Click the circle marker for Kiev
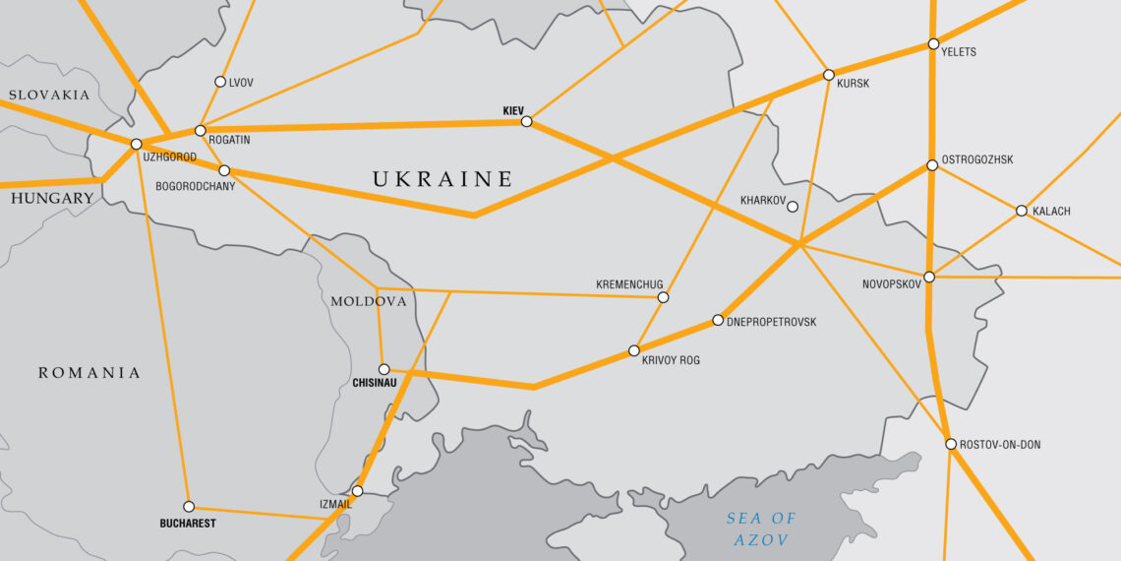click(526, 121)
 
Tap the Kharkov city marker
click(793, 207)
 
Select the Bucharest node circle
click(189, 507)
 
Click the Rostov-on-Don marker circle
click(951, 444)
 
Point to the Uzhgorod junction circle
click(136, 144)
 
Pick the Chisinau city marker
click(384, 369)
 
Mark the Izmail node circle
click(357, 491)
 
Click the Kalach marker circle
click(1022, 211)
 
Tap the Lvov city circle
click(220, 82)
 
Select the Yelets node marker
click(933, 44)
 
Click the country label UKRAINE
click(442, 179)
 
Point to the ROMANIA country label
click(89, 373)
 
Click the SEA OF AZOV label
click(761, 529)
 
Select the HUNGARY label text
click(52, 198)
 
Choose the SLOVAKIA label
click(49, 95)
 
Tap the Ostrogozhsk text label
click(977, 159)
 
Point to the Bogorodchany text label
click(196, 186)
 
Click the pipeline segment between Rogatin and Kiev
click(364, 126)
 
